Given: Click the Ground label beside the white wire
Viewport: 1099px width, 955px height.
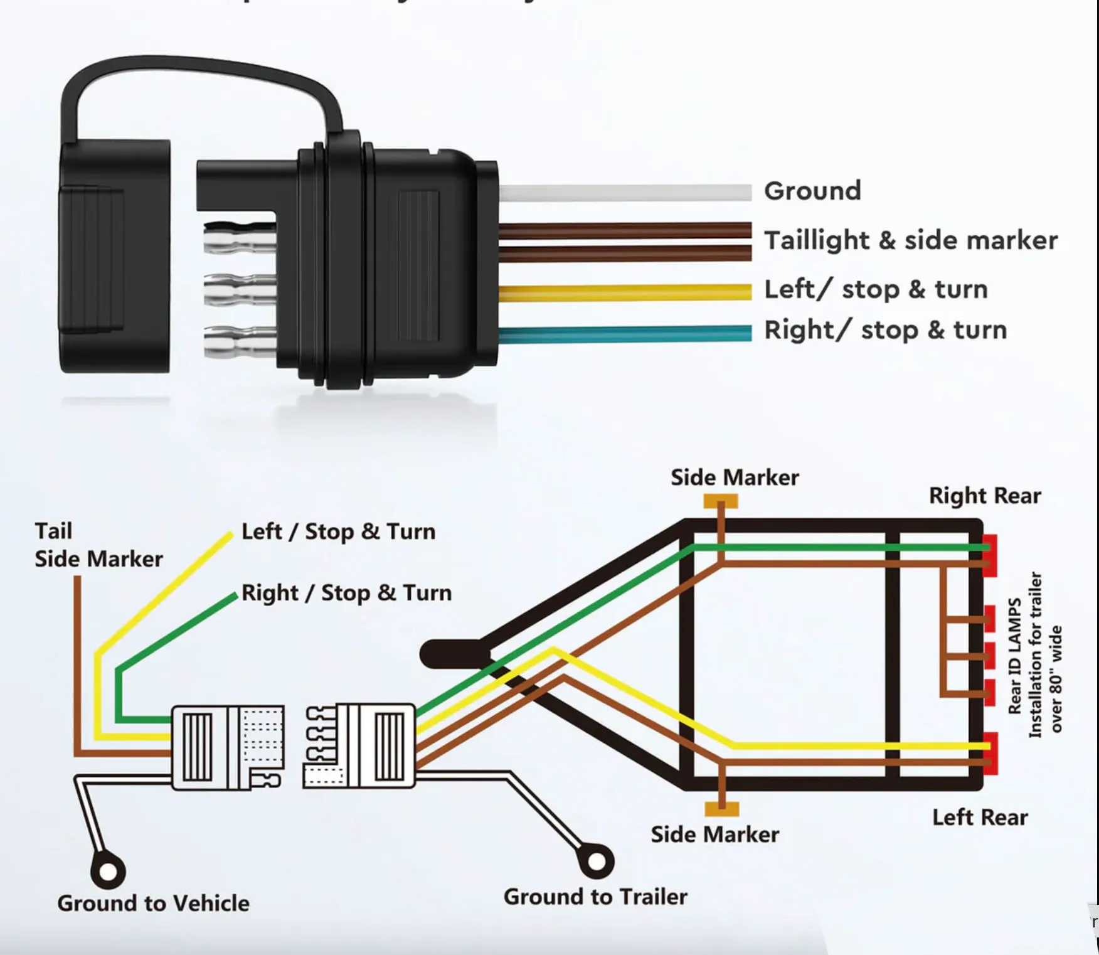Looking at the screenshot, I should click(812, 191).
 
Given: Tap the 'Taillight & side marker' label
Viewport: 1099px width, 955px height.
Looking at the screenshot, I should click(910, 240).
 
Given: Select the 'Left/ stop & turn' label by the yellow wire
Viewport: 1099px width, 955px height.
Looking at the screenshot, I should click(876, 289).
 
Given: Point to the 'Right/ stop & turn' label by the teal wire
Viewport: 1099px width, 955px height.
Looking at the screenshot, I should click(885, 330).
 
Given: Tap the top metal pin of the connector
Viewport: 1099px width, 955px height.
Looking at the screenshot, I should click(240, 240).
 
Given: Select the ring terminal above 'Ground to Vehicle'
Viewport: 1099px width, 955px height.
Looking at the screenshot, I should click(108, 872).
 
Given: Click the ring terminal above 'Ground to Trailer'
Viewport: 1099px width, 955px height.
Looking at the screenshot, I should click(596, 861).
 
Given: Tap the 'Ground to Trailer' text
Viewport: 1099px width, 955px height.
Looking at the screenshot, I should click(595, 897).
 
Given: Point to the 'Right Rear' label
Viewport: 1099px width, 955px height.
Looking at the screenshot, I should click(984, 496).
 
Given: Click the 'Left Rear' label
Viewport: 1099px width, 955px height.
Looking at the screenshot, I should click(980, 818).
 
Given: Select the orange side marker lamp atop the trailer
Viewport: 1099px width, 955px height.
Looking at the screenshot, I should click(720, 501).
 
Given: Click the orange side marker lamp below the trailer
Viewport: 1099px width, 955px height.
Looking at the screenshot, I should click(721, 809).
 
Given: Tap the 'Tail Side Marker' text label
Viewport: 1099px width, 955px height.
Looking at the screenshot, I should click(98, 545).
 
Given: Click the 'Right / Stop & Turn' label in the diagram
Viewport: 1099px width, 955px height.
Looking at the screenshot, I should click(346, 592).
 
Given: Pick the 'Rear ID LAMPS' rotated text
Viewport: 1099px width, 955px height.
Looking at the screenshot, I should click(1014, 656).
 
